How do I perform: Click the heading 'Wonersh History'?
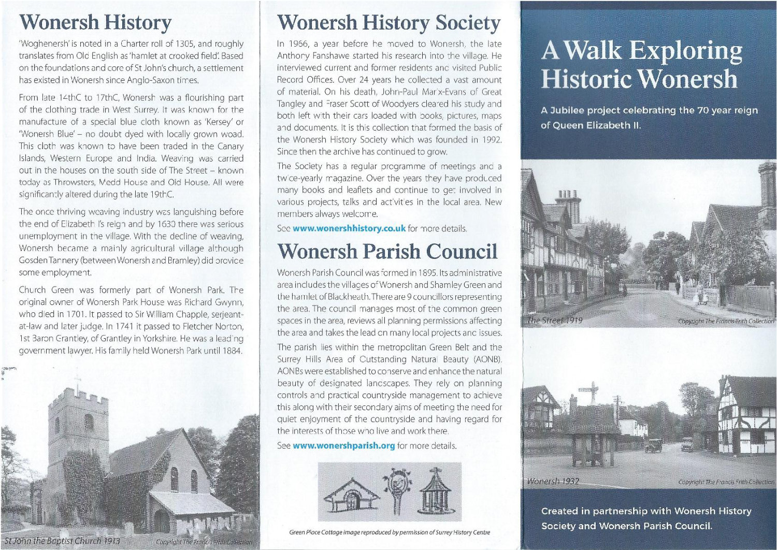click(x=95, y=22)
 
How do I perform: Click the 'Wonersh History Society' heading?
click(x=388, y=23)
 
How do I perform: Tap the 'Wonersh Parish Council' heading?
click(x=387, y=251)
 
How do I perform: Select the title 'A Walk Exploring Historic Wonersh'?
click(x=641, y=64)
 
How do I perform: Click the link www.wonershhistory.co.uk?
click(x=349, y=228)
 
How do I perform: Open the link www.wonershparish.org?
click(x=343, y=446)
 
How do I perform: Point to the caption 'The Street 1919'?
click(x=555, y=321)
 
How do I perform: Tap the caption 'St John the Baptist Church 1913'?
click(x=61, y=541)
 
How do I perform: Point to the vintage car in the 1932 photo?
click(x=654, y=445)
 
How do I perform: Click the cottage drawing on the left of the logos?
click(x=351, y=495)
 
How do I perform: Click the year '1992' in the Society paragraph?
click(x=491, y=140)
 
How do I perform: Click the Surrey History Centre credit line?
click(x=389, y=532)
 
